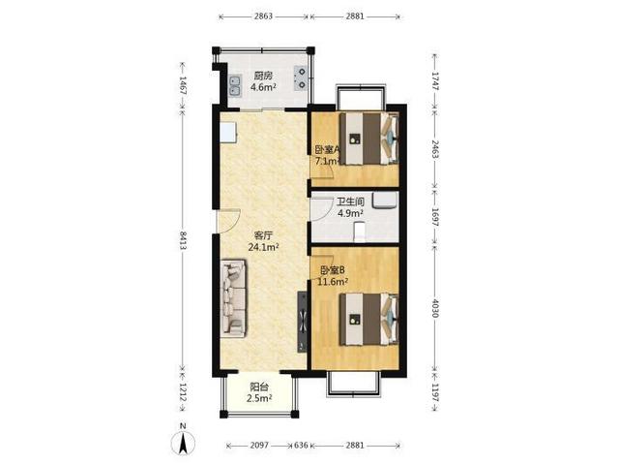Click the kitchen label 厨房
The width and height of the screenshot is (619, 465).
coord(263,76)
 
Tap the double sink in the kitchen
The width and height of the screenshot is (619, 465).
coord(235,85)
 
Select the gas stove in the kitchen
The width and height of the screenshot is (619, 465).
coord(301,78)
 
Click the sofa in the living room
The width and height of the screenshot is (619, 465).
coord(233,298)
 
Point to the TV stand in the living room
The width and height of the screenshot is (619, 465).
coord(302,322)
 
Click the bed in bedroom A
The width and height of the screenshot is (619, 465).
coord(368,139)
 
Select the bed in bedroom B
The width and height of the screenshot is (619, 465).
coord(368,319)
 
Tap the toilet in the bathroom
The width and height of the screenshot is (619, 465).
coord(359,232)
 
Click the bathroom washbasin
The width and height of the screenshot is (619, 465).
coord(385,200)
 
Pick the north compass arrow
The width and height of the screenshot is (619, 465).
coord(183,443)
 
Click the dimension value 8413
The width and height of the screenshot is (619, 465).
coord(183,240)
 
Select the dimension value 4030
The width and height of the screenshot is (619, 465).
coord(434,308)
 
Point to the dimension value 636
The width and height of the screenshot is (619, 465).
coord(301,446)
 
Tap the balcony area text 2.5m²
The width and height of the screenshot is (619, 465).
coord(259,398)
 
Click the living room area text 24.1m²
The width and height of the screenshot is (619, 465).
coord(263,247)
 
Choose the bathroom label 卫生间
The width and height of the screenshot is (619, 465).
coord(350,201)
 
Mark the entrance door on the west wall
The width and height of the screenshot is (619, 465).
coord(227,221)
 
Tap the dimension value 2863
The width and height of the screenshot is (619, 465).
coord(263,16)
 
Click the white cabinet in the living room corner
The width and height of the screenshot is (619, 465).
coord(228,133)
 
